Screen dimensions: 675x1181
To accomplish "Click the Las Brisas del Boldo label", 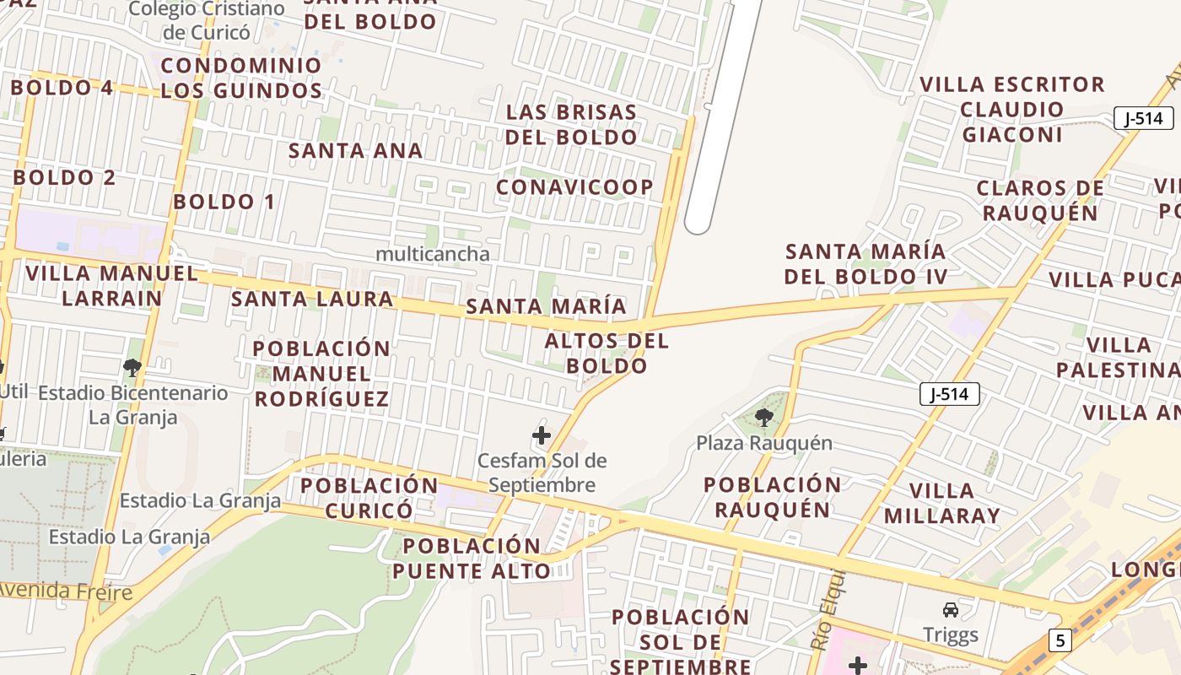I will coord(571,124).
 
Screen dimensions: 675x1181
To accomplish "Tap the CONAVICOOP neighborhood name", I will coord(574,187).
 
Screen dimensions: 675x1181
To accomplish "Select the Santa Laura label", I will coord(312,299).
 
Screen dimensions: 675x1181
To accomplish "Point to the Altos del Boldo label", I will coord(607,353).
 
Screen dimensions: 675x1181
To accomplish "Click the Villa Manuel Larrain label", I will coord(111,285).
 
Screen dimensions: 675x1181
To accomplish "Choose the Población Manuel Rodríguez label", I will coord(321,373).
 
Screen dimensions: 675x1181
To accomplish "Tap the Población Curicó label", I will coord(369,498).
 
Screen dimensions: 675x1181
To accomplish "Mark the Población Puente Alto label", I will coord(471,558).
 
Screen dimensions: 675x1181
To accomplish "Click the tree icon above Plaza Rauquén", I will coord(764,417).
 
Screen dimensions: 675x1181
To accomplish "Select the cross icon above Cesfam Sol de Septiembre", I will coord(542,435).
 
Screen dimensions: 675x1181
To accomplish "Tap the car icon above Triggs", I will coord(950,609).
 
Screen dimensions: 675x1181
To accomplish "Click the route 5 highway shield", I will coord(1060,640).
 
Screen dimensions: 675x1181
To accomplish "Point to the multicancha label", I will coord(432,254).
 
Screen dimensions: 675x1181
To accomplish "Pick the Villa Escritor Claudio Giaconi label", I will coord(1012,110).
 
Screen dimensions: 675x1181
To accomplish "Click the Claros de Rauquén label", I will coord(1040,200).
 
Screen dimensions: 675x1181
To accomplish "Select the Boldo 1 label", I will coord(224,202).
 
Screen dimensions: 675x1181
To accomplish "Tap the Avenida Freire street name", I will coord(66,590).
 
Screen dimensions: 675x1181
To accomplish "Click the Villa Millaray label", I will coord(941,503).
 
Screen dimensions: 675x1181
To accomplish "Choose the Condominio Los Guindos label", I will coord(241,78).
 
